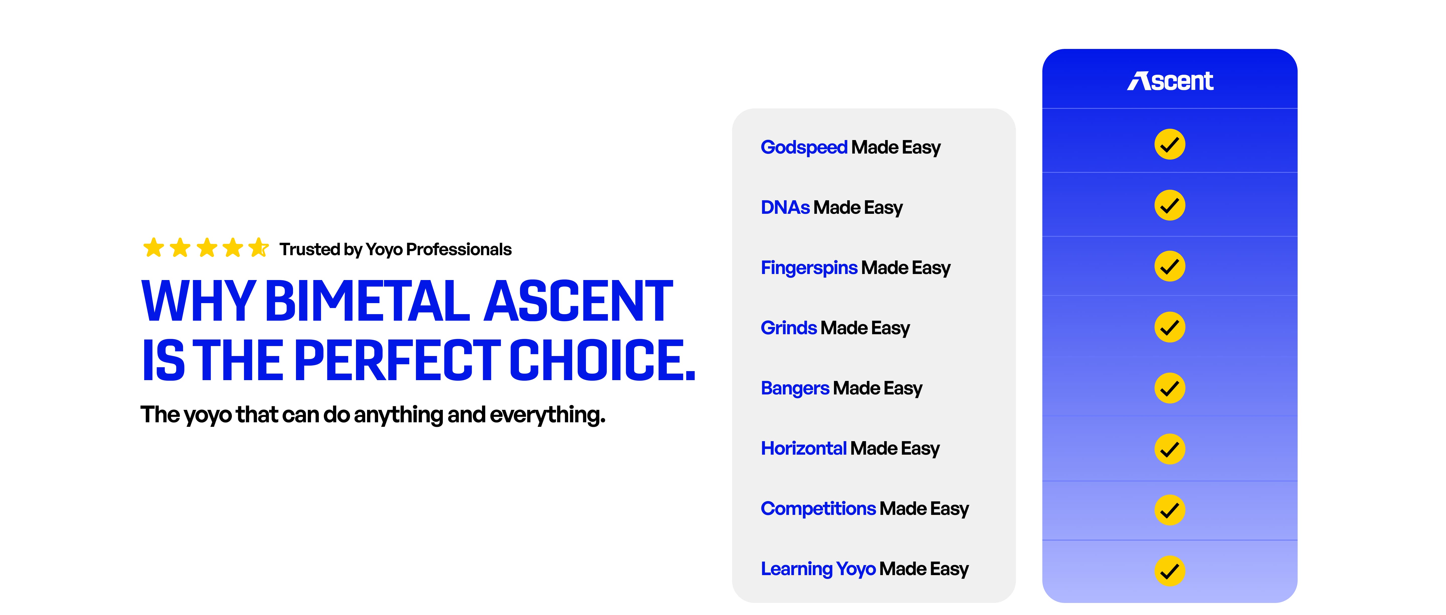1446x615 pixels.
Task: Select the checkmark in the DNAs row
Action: (1170, 205)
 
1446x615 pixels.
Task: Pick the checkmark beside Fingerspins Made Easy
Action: (1170, 266)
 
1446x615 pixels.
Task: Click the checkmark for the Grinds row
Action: (1170, 327)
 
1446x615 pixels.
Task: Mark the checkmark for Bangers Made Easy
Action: (1170, 388)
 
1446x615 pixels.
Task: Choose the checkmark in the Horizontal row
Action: (1170, 449)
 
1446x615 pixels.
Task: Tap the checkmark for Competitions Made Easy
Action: (1170, 510)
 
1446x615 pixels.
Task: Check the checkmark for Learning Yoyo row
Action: (1170, 571)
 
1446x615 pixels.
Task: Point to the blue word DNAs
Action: (785, 208)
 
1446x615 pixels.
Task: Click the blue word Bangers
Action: (795, 388)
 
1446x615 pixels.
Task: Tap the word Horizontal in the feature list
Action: (803, 448)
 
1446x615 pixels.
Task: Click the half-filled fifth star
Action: (259, 247)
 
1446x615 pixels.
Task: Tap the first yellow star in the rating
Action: (153, 247)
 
